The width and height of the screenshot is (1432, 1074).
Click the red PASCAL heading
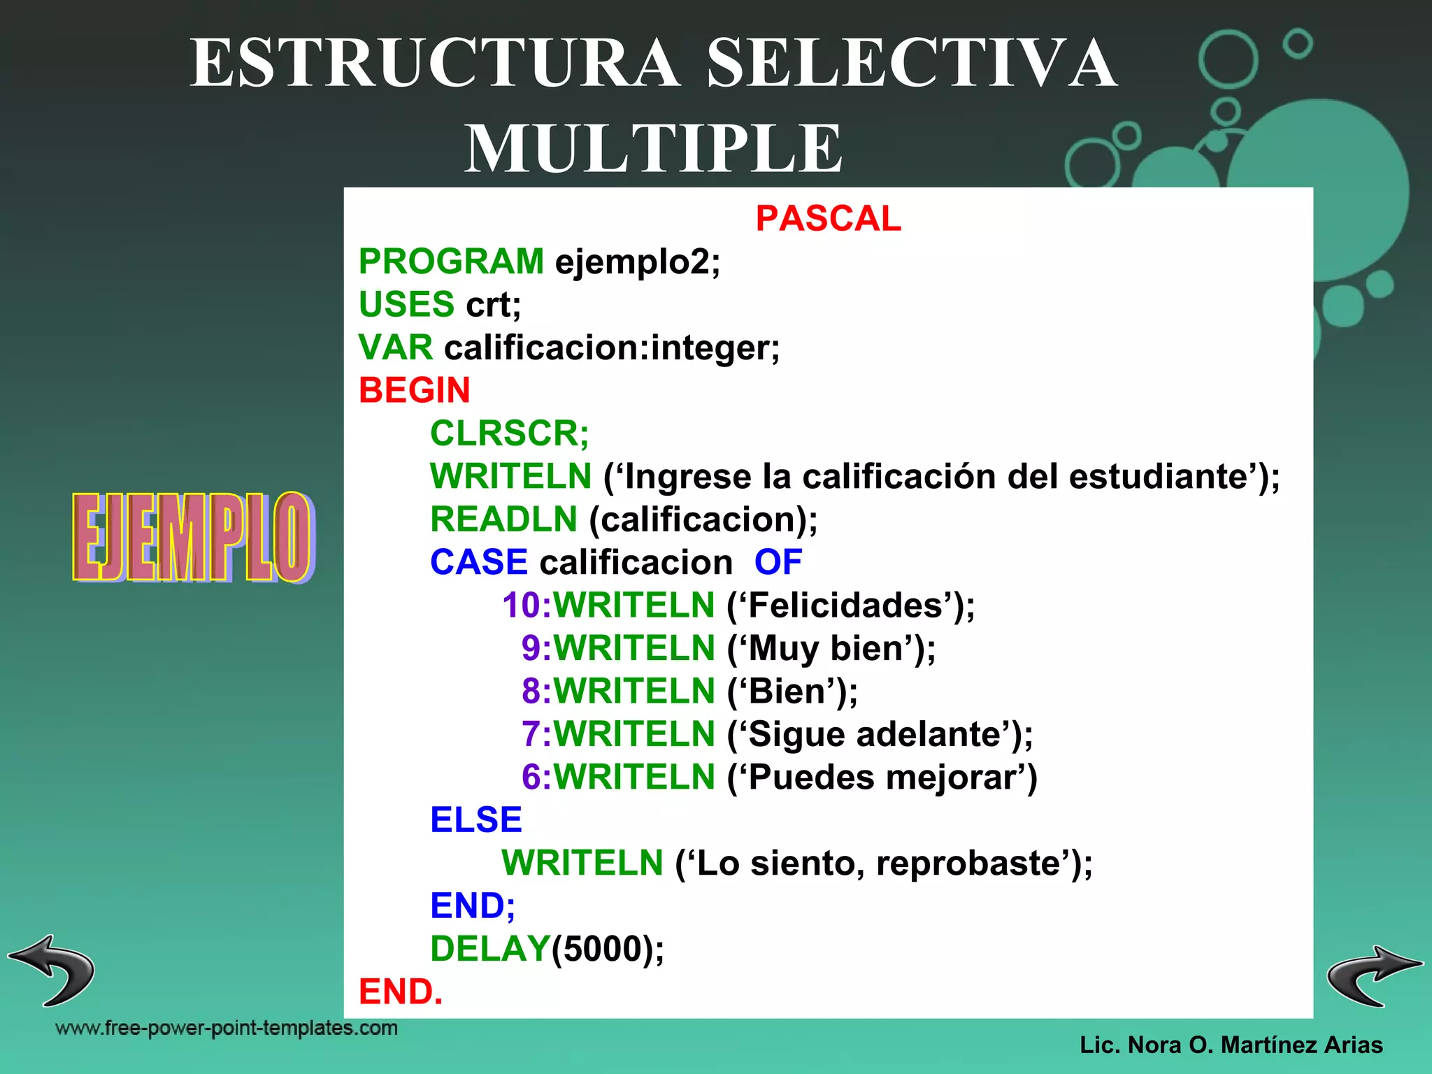point(828,219)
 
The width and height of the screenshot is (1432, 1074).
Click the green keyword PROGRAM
point(451,262)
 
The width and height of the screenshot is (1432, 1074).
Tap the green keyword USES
point(406,305)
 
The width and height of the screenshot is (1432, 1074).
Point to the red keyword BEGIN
point(414,390)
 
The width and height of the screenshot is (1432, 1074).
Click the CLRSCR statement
point(509,434)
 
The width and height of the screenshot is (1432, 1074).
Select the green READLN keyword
point(503,520)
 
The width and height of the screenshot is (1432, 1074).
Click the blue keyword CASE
point(479,562)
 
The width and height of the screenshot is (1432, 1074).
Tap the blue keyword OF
point(778,562)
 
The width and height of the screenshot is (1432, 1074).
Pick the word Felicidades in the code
point(845,606)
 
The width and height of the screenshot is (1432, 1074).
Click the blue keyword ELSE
point(476,820)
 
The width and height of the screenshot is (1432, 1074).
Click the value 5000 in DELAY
point(603,950)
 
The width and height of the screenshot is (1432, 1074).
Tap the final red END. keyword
point(401,992)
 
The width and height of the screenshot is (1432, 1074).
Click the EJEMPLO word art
point(193,537)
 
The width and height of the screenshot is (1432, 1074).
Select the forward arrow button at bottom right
point(1372,975)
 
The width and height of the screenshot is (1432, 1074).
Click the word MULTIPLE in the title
point(654,148)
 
